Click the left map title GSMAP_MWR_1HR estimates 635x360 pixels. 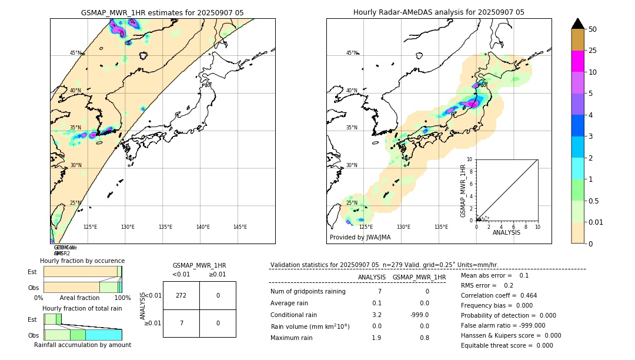[x=162, y=12]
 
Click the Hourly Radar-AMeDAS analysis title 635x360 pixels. [x=439, y=12]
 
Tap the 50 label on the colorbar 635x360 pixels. [x=593, y=29]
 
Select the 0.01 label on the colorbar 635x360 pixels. [x=596, y=222]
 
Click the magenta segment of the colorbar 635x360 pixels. [x=577, y=61]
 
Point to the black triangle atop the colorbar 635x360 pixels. [x=577, y=24]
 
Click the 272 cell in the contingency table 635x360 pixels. [x=181, y=295]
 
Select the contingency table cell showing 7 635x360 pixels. [x=181, y=323]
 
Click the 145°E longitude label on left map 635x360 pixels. [x=240, y=227]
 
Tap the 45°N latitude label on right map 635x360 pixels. [x=352, y=53]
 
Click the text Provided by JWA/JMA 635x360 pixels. [x=360, y=238]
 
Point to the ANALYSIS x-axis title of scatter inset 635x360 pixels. [x=506, y=233]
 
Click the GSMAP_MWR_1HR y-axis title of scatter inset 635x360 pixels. [x=463, y=191]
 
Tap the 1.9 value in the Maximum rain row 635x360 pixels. [x=376, y=338]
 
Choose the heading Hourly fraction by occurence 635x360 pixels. [x=82, y=261]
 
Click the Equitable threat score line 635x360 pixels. [x=507, y=345]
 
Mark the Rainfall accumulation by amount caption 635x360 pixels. [x=82, y=345]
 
